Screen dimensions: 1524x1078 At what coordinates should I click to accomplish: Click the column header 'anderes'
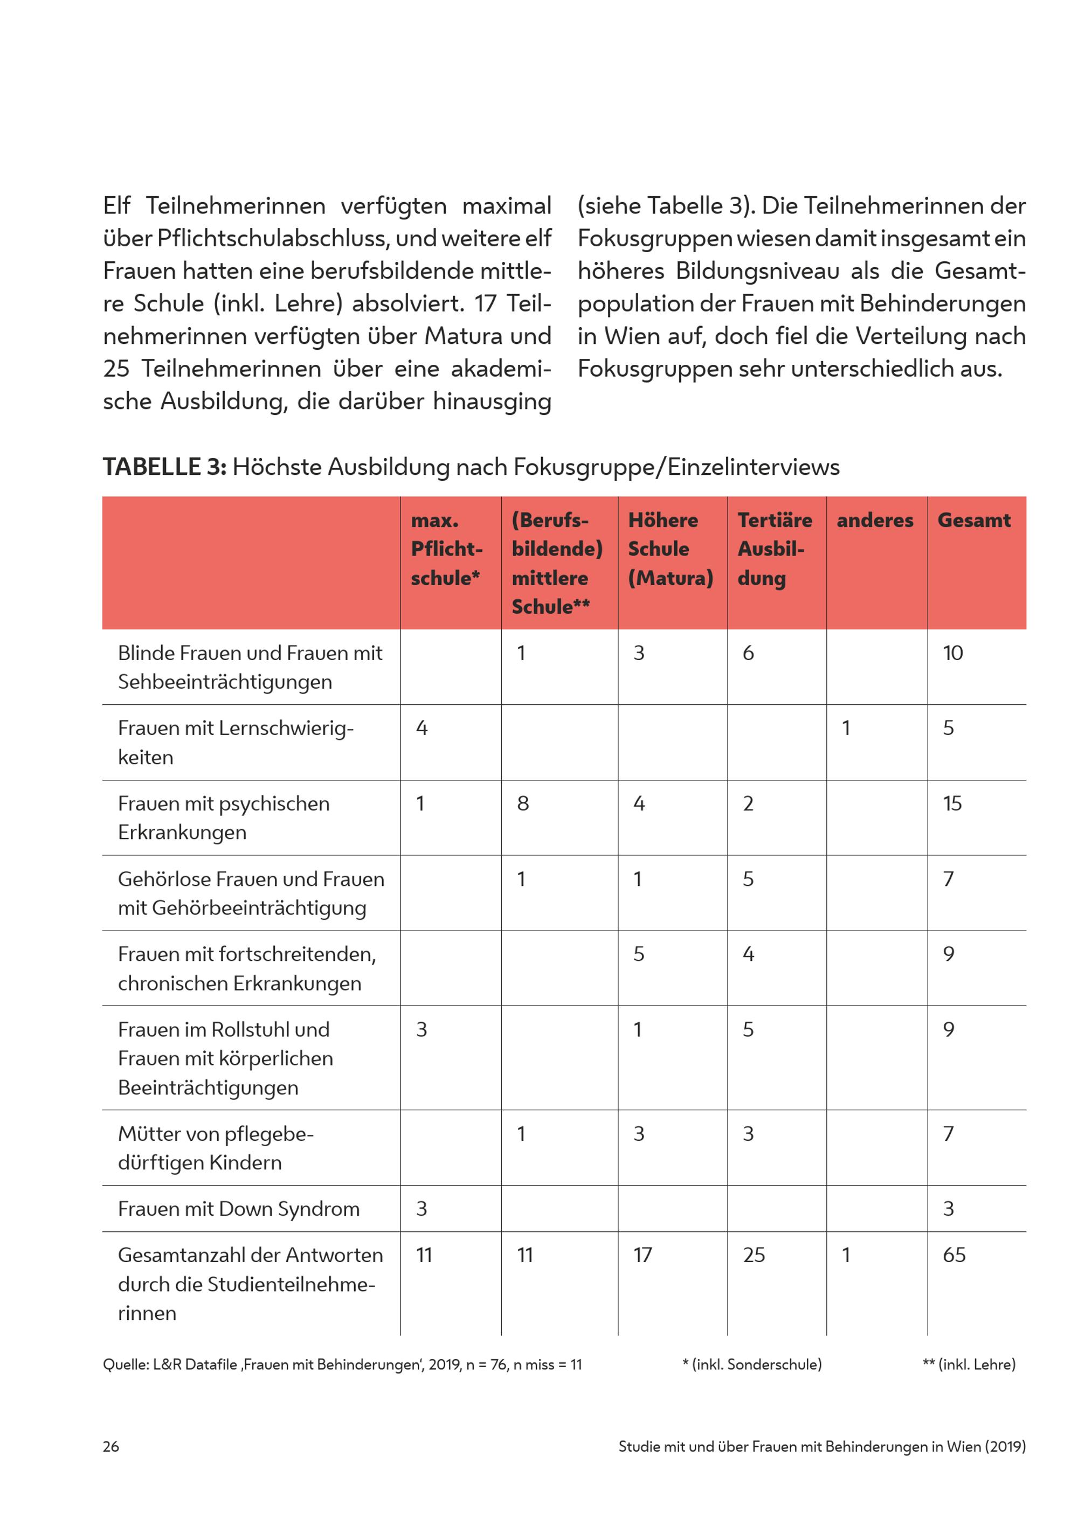point(874,521)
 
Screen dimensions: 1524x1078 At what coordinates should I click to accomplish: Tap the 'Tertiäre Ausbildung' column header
point(774,549)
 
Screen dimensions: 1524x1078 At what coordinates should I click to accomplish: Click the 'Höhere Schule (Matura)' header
point(670,549)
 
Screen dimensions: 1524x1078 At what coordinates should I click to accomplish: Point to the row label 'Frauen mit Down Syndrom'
point(238,1209)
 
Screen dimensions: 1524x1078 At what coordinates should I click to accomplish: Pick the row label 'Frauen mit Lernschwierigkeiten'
point(236,742)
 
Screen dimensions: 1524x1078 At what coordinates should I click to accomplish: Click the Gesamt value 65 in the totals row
point(954,1255)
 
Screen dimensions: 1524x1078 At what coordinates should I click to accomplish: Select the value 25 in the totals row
point(754,1255)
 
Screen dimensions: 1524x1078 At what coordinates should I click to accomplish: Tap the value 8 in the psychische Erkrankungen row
point(523,804)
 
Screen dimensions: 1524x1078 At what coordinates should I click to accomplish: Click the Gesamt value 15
point(952,804)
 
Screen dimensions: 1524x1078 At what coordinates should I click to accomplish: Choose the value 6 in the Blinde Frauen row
point(748,653)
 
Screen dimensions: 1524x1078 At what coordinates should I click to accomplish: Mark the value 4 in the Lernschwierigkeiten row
point(421,728)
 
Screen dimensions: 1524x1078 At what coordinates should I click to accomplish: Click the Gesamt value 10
point(952,653)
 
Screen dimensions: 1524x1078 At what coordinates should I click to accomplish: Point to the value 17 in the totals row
point(642,1255)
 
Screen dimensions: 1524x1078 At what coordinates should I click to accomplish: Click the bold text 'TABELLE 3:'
point(164,467)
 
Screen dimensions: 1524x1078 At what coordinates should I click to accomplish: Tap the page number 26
point(111,1446)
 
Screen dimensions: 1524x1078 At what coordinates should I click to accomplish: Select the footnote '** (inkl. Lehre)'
point(969,1364)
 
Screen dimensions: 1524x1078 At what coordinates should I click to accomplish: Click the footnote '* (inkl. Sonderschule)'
point(751,1364)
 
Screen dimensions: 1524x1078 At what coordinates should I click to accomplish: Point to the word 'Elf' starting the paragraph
point(117,206)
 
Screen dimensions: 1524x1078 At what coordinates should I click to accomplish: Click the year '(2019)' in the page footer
point(1005,1446)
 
